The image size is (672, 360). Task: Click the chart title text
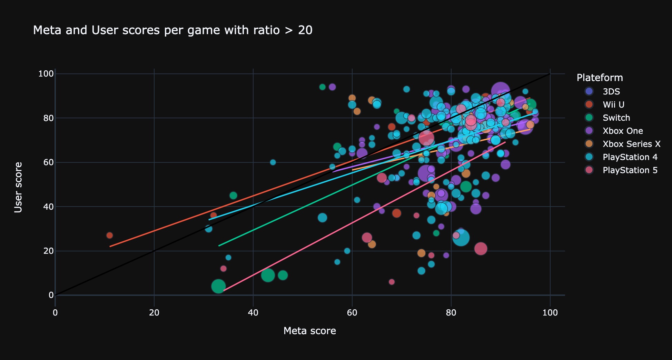click(172, 30)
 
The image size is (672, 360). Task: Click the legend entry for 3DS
click(611, 91)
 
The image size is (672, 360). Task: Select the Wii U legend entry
click(613, 104)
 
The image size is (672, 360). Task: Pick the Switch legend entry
click(616, 118)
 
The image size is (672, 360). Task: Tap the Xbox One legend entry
click(623, 131)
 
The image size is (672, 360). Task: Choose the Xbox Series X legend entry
click(631, 144)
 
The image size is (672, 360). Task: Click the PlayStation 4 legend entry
click(630, 157)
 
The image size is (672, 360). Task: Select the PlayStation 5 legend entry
click(630, 170)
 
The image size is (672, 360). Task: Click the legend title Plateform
click(600, 78)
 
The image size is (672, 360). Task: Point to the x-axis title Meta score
click(309, 331)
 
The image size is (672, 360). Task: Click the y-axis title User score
click(18, 187)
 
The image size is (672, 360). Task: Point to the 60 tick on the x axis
click(352, 313)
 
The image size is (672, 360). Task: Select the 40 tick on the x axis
click(253, 313)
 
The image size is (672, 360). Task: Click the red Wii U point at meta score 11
click(110, 236)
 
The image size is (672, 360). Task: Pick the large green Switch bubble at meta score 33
click(218, 286)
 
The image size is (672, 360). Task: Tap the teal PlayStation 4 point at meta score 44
click(273, 162)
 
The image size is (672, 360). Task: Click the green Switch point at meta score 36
click(233, 196)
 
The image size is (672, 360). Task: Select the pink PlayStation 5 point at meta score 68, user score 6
click(392, 282)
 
